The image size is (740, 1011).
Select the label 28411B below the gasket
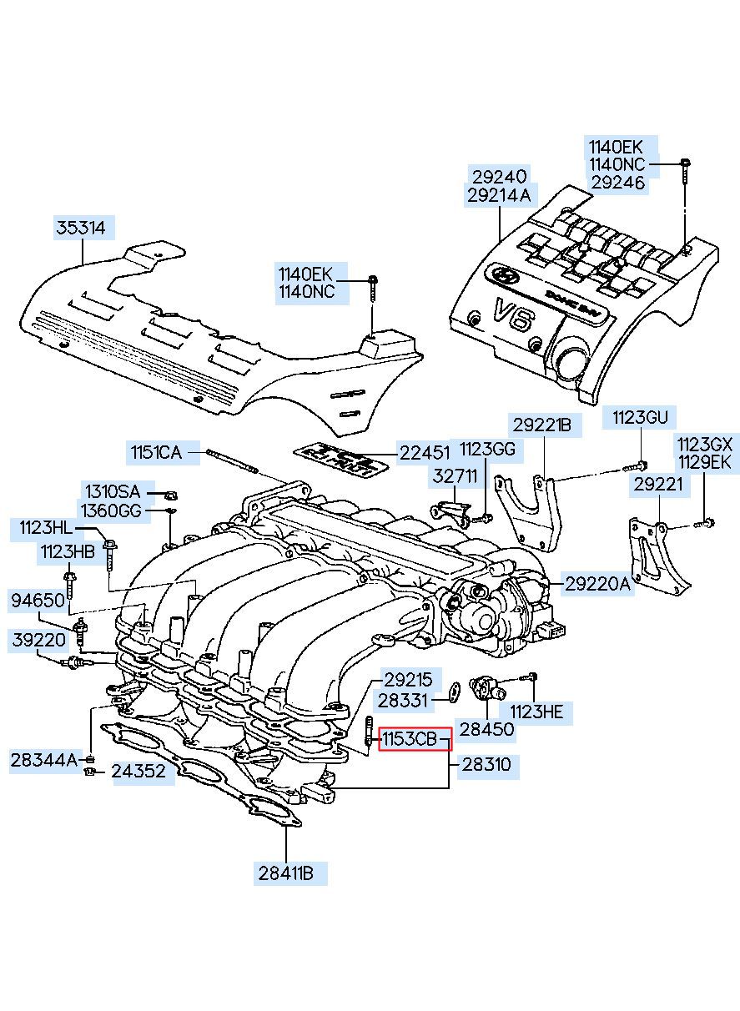point(285,873)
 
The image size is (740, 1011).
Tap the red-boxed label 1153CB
point(415,739)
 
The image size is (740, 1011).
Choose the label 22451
point(424,453)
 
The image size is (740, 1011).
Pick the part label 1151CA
point(155,453)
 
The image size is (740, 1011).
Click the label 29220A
point(598,585)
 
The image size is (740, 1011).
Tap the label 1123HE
point(536,711)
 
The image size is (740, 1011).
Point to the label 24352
point(138,772)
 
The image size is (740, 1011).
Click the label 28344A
point(44,760)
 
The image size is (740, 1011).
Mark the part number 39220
point(37,641)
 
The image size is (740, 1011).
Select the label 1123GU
point(641,417)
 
